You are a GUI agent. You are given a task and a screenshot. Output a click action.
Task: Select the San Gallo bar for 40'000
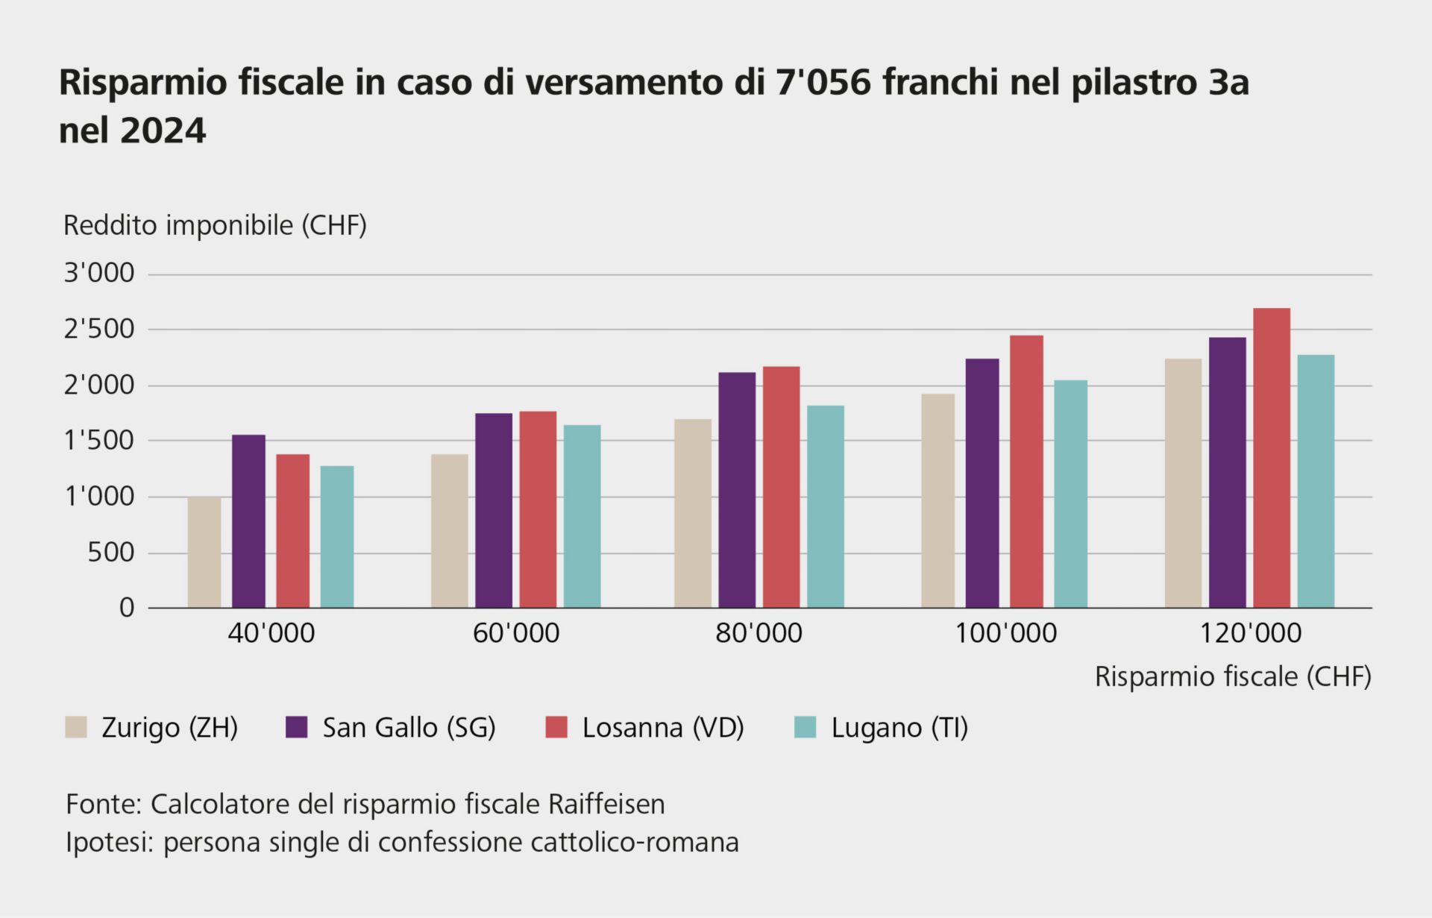(248, 521)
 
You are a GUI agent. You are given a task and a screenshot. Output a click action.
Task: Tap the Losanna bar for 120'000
(1272, 458)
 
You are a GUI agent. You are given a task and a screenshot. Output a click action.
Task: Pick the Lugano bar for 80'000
(826, 506)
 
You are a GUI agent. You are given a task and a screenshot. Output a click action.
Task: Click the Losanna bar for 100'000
(1026, 471)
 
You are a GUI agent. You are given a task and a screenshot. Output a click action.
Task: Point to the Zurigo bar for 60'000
(450, 531)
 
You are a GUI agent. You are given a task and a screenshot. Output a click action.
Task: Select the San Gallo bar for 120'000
(1227, 473)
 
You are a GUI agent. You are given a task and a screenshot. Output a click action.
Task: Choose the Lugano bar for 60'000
(582, 516)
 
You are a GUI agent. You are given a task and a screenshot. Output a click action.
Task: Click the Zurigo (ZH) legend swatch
(76, 727)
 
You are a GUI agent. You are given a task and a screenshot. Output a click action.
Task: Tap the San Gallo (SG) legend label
(409, 727)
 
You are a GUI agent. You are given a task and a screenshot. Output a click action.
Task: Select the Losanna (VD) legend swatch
(557, 727)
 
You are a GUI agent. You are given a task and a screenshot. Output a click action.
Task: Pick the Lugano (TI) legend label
(899, 727)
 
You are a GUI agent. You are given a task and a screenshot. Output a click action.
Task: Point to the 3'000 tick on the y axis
(99, 274)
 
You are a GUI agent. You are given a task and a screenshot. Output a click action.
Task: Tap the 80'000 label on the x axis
(759, 634)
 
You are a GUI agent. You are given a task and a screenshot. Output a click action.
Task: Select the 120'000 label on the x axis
(1249, 634)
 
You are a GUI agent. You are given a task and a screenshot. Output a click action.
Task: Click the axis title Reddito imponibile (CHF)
(215, 225)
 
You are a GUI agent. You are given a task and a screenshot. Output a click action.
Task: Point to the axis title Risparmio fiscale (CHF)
(1233, 676)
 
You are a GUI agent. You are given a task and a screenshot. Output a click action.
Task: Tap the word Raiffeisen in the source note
(606, 804)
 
